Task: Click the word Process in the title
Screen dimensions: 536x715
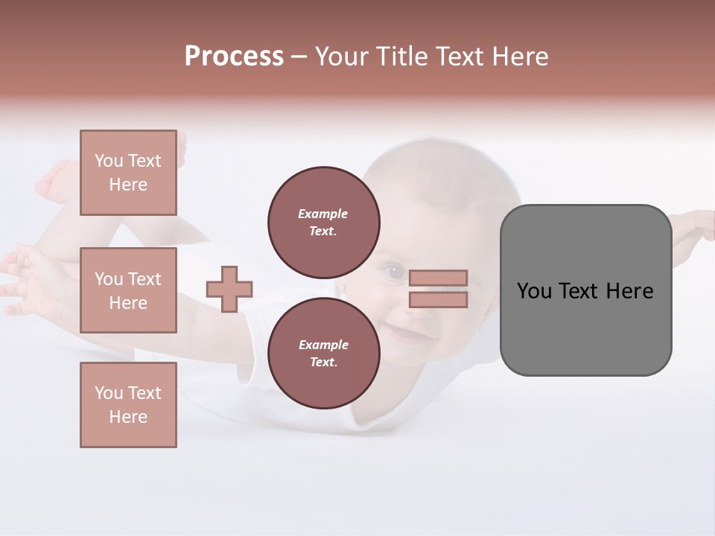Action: point(234,57)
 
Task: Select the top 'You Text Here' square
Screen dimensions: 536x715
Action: point(128,173)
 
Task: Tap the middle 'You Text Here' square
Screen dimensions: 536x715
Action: point(128,290)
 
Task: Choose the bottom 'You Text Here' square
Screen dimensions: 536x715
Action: point(128,405)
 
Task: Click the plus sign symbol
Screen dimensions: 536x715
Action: point(229,289)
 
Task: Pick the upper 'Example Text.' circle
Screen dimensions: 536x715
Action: point(323,222)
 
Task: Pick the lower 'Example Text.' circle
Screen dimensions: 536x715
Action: point(323,353)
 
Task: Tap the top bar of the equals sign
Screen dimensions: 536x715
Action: point(438,278)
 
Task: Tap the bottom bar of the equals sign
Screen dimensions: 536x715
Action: point(438,299)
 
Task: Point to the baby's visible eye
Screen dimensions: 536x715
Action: point(394,273)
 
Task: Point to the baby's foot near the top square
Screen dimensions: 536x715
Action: point(56,181)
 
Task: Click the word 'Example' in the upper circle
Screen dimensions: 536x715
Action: point(322,214)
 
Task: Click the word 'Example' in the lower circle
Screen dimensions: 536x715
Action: point(323,345)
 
